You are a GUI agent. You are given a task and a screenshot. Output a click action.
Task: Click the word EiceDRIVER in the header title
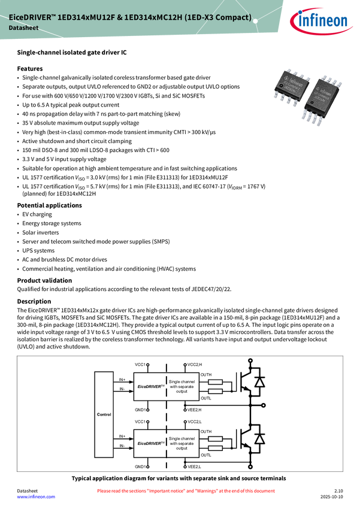(31, 18)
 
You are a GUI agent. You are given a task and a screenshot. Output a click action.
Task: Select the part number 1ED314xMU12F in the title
(85, 18)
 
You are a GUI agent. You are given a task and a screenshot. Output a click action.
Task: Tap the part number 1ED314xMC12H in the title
(152, 18)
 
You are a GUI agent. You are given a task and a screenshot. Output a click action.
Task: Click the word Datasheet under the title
(23, 29)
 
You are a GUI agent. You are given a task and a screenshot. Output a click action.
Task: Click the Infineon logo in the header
(324, 21)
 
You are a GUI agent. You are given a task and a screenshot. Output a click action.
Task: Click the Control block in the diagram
(104, 414)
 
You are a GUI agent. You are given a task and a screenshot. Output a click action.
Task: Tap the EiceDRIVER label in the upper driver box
(150, 387)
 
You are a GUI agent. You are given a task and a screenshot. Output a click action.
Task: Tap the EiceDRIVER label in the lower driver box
(150, 444)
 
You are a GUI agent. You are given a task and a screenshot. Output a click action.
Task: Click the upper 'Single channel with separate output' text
(182, 387)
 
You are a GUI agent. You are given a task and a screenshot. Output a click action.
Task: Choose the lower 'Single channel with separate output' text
(182, 443)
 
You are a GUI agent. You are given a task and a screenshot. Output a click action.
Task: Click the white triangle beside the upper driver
(259, 383)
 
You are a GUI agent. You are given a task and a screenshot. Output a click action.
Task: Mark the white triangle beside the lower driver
(259, 440)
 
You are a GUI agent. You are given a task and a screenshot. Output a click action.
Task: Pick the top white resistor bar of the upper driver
(215, 381)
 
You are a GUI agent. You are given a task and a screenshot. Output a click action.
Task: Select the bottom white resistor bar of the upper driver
(215, 391)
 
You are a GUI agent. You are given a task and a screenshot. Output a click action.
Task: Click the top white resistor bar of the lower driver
(215, 438)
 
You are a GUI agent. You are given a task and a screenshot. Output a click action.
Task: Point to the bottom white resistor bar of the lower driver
(215, 448)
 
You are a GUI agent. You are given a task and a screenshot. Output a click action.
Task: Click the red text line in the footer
(186, 491)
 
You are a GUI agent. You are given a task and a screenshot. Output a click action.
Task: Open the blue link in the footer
(35, 497)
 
